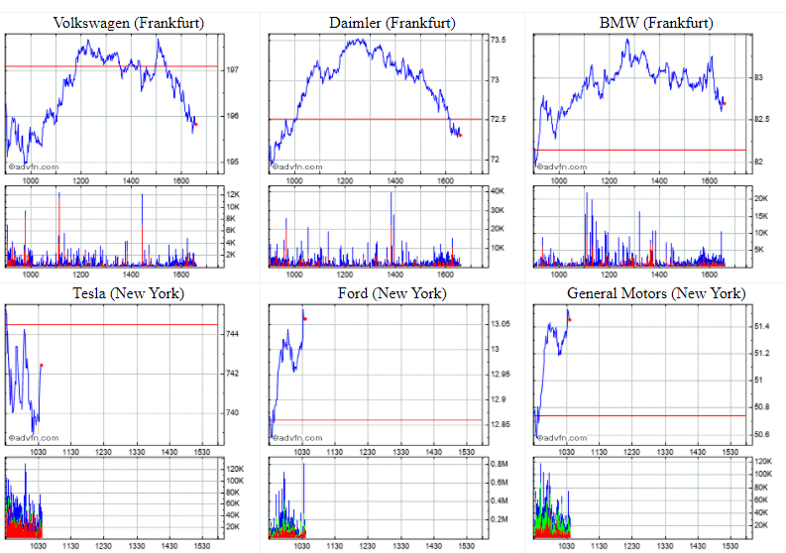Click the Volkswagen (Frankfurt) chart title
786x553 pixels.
[115, 23]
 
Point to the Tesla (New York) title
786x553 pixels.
[114, 293]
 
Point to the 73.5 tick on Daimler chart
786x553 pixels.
[499, 41]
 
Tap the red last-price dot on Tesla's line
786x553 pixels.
[42, 365]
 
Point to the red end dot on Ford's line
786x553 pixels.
[305, 318]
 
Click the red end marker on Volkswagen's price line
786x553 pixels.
[196, 124]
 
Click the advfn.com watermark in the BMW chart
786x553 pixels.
[561, 166]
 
